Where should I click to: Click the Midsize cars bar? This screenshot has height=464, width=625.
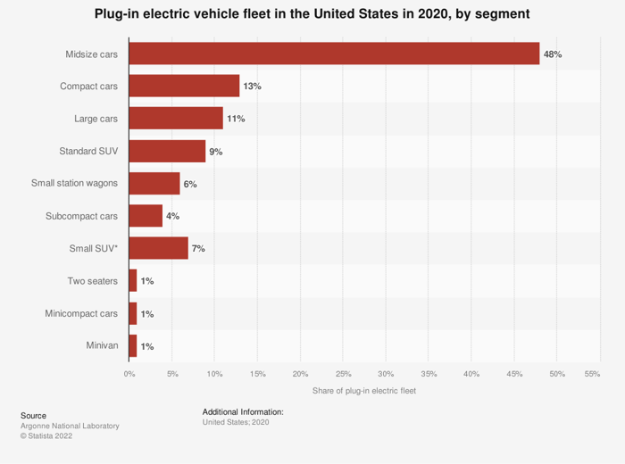pyautogui.click(x=335, y=54)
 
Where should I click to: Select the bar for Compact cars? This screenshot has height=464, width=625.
pyautogui.click(x=184, y=86)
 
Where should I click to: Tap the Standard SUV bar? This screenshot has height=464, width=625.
pyautogui.click(x=168, y=151)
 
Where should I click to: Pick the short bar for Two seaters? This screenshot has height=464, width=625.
pyautogui.click(x=133, y=280)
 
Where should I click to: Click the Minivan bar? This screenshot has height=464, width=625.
pyautogui.click(x=133, y=345)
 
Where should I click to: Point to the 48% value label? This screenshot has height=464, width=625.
pyautogui.click(x=553, y=54)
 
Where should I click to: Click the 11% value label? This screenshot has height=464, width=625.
pyautogui.click(x=236, y=119)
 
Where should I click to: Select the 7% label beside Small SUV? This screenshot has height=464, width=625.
pyautogui.click(x=198, y=249)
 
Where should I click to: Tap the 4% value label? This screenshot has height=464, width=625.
pyautogui.click(x=172, y=216)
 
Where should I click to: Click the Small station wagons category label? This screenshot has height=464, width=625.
pyautogui.click(x=74, y=183)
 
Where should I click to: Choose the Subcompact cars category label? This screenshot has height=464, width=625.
pyautogui.click(x=81, y=216)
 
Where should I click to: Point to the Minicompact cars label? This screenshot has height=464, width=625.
pyautogui.click(x=81, y=313)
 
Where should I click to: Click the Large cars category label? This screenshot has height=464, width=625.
pyautogui.click(x=96, y=119)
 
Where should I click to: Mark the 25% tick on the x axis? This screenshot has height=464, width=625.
pyautogui.click(x=343, y=374)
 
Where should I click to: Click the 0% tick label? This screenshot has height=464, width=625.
pyautogui.click(x=129, y=374)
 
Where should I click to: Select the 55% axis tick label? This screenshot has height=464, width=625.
pyautogui.click(x=592, y=374)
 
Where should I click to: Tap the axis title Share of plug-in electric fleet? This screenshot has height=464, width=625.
pyautogui.click(x=364, y=391)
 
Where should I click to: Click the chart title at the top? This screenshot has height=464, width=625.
pyautogui.click(x=312, y=14)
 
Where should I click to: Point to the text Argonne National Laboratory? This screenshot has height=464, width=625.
pyautogui.click(x=70, y=426)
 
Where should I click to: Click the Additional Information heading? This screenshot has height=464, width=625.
pyautogui.click(x=243, y=412)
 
